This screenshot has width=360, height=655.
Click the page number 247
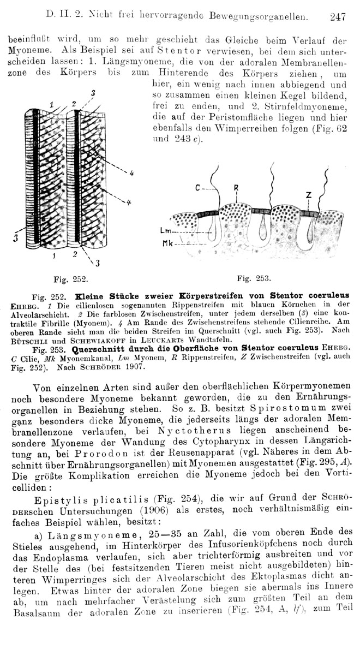(x=338, y=17)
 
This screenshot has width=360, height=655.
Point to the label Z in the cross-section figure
(x=308, y=195)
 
